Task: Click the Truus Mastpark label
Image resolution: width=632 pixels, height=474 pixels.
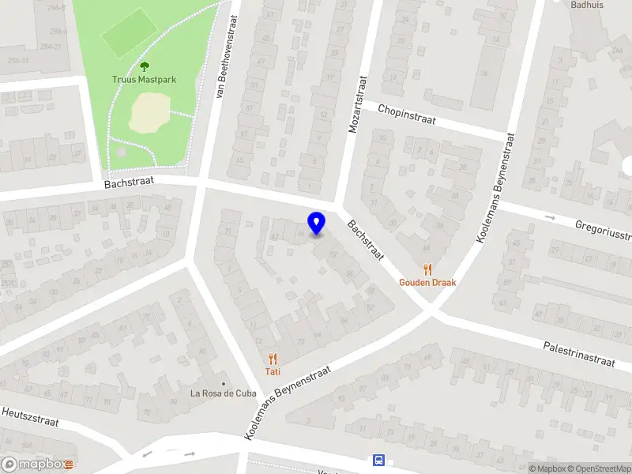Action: [x=144, y=79]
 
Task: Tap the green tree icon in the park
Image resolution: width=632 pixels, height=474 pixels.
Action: [x=144, y=66]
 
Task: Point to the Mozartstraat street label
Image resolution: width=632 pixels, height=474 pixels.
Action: [x=358, y=103]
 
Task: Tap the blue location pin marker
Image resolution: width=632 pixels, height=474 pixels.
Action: [x=317, y=224]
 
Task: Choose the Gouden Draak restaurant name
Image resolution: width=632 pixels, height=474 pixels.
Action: [x=427, y=282]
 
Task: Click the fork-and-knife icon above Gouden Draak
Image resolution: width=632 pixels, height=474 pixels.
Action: [x=427, y=269]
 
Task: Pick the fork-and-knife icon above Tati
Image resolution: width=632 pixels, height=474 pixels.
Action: [x=273, y=358]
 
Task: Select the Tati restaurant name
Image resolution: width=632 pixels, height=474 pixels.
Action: [x=273, y=371]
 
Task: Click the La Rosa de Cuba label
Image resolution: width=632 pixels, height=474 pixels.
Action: [x=224, y=394]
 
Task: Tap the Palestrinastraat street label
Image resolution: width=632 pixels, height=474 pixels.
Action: [x=579, y=353]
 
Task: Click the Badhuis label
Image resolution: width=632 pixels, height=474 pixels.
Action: [x=587, y=4]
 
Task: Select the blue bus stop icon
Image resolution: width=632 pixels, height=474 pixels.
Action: [x=378, y=461]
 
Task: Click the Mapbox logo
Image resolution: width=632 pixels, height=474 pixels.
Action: [x=37, y=465]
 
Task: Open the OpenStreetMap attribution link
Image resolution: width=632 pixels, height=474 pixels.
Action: [x=597, y=468]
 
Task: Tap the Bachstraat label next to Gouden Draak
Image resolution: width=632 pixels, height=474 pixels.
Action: [x=364, y=241]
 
